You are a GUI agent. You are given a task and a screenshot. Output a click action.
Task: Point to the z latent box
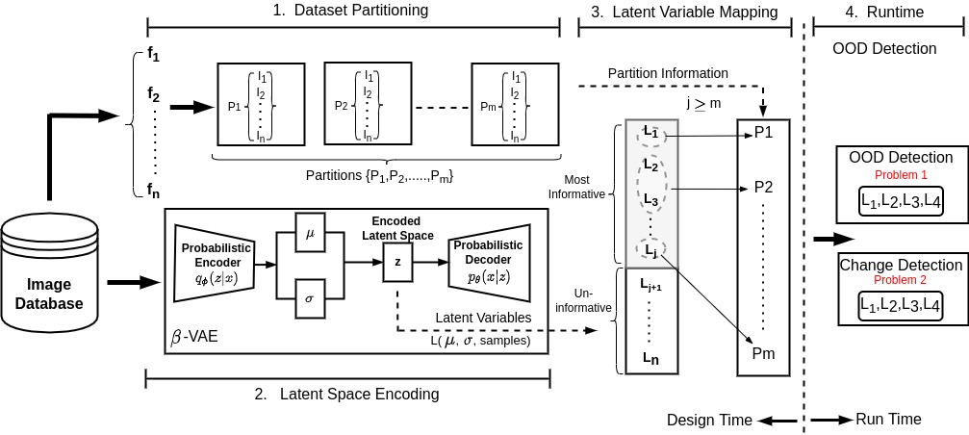tap(397, 261)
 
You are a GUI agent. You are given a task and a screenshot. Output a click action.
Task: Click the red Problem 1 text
tap(901, 175)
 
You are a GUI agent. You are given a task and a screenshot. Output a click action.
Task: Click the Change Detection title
tap(901, 265)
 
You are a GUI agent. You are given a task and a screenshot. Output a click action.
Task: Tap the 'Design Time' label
tap(708, 420)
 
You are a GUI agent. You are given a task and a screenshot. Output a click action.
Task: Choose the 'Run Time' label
tap(887, 420)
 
